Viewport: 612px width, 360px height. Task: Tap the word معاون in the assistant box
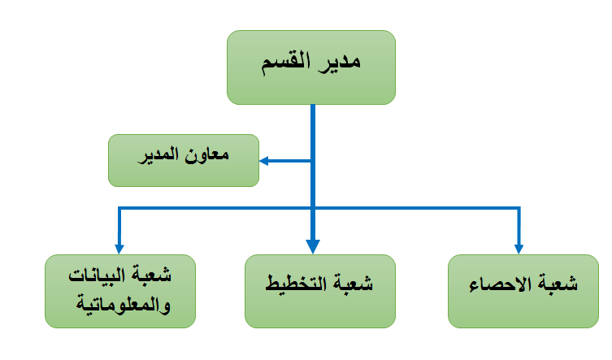click(207, 154)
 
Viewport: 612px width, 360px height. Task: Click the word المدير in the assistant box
click(159, 155)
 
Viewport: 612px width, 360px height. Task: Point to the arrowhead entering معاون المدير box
click(263, 161)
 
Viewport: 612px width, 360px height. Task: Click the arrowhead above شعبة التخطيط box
click(313, 246)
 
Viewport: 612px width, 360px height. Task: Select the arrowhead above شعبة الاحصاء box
click(519, 249)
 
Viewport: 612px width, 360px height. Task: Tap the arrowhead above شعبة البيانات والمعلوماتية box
click(119, 249)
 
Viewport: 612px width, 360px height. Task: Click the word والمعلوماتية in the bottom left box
click(124, 304)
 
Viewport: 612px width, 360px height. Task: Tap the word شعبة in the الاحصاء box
click(556, 283)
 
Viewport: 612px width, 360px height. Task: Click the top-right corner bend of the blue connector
click(519, 208)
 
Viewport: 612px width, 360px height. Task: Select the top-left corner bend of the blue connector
click(119, 208)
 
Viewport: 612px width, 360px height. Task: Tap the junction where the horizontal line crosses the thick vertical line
click(313, 208)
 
